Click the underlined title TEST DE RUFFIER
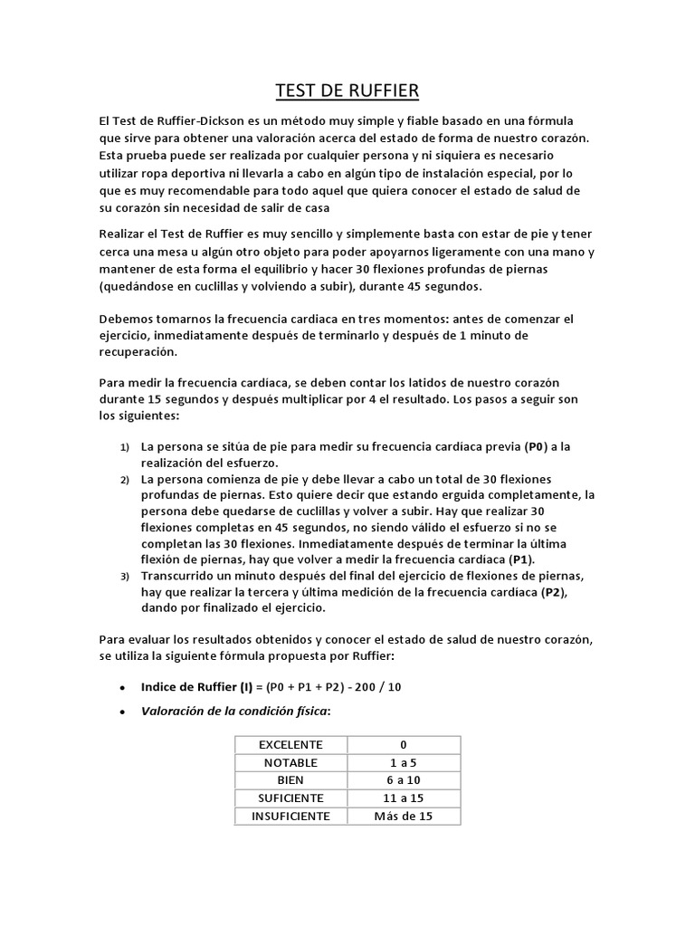point(347,91)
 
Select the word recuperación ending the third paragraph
point(138,352)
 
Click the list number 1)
point(125,448)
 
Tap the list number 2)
point(125,479)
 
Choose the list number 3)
point(125,577)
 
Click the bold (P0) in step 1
point(537,447)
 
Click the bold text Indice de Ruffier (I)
point(196,687)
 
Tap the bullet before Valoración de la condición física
point(121,712)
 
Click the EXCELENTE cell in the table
point(290,744)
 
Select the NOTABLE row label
point(290,762)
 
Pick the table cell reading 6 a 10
point(404,780)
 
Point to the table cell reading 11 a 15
point(404,798)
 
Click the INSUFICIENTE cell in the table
point(290,817)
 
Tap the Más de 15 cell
point(404,817)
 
